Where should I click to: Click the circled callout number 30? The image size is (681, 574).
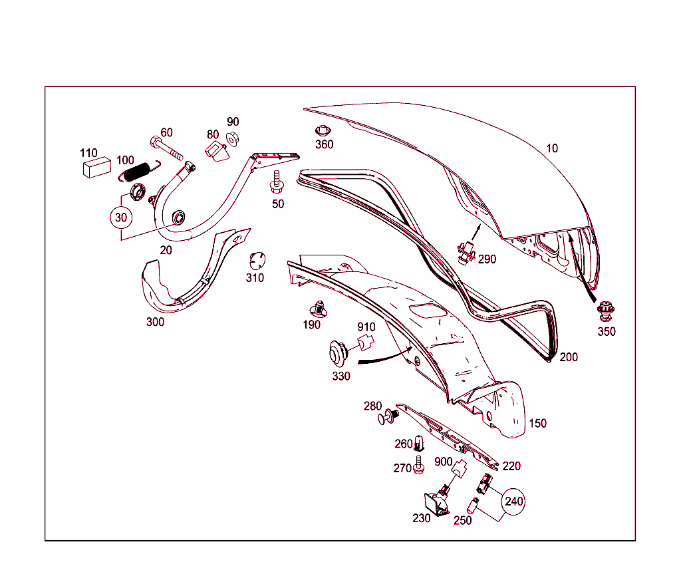tap(121, 217)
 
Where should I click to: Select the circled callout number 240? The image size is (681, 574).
tap(513, 502)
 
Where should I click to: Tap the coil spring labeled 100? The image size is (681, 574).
tap(139, 171)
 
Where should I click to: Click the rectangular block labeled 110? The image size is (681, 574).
tap(97, 168)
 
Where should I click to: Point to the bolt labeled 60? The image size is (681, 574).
tap(166, 148)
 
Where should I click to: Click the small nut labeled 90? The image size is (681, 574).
tap(232, 139)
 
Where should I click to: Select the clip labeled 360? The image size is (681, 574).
tap(323, 131)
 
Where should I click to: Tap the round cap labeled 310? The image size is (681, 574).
tap(257, 261)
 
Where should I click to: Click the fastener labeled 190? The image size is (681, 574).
tap(319, 309)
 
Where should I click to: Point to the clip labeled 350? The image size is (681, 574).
tap(606, 311)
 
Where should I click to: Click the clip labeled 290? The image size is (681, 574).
tap(466, 253)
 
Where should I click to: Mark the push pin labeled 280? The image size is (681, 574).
tap(388, 416)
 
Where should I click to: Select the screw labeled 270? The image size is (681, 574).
tap(419, 464)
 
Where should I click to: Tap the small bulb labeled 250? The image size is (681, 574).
tap(472, 505)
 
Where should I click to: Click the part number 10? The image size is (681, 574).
tap(551, 148)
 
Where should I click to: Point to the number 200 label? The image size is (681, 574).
tap(569, 357)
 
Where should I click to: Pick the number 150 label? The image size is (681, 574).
tap(537, 423)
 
